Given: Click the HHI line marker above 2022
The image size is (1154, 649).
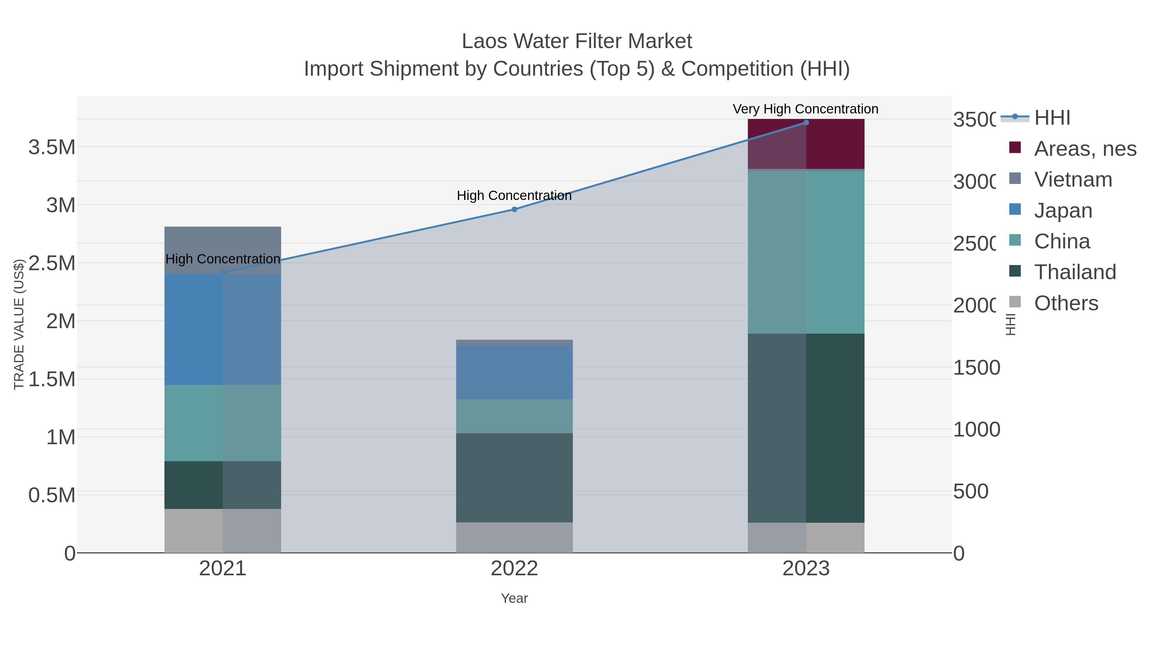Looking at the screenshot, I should coord(514,209).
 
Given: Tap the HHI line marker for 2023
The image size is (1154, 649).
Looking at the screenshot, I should coord(806,123).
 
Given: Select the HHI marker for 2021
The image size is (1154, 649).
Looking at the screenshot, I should coord(223,273).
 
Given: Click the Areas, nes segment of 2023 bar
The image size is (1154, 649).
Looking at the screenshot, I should coord(806,144).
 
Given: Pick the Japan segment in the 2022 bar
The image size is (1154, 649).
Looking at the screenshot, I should coord(514,372).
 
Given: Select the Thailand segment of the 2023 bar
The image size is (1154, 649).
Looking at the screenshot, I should coord(806,428).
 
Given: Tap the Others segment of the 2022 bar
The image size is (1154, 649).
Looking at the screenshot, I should coord(514,537).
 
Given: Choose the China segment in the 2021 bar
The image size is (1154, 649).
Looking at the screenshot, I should coord(223,423).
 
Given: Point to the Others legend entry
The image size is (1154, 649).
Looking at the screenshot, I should coord(1066,303).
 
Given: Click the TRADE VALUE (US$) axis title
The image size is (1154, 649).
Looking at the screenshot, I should coord(19,324).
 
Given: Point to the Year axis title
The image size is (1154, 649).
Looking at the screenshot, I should coord(514,598).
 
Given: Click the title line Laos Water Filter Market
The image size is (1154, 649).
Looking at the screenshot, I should coord(577,41).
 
